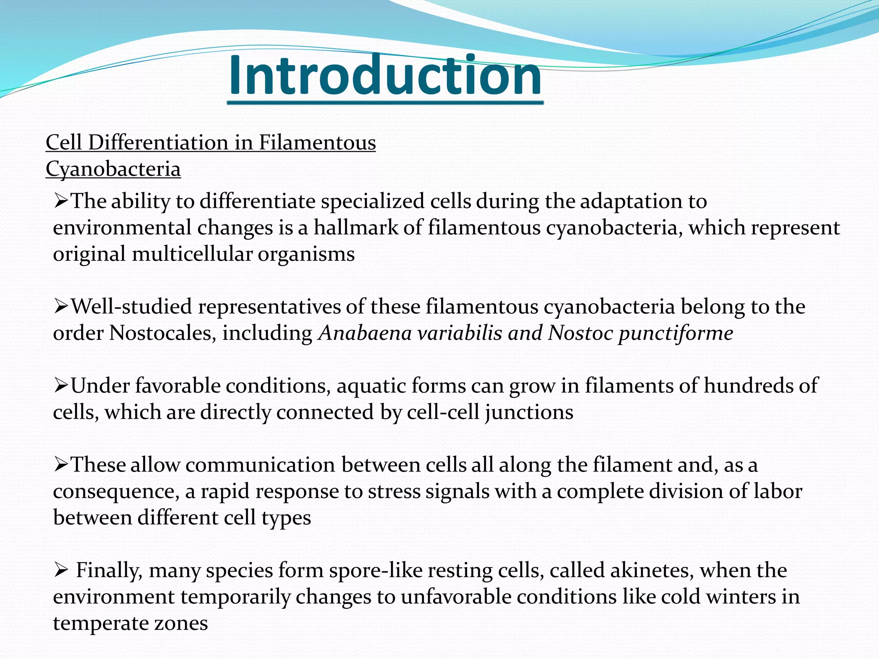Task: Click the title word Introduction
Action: click(x=385, y=76)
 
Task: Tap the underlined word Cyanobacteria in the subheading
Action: click(x=113, y=169)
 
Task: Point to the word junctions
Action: click(x=529, y=412)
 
